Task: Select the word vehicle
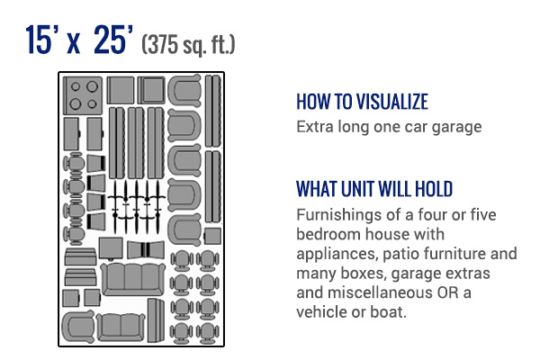[322, 312]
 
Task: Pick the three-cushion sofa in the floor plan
[127, 280]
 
